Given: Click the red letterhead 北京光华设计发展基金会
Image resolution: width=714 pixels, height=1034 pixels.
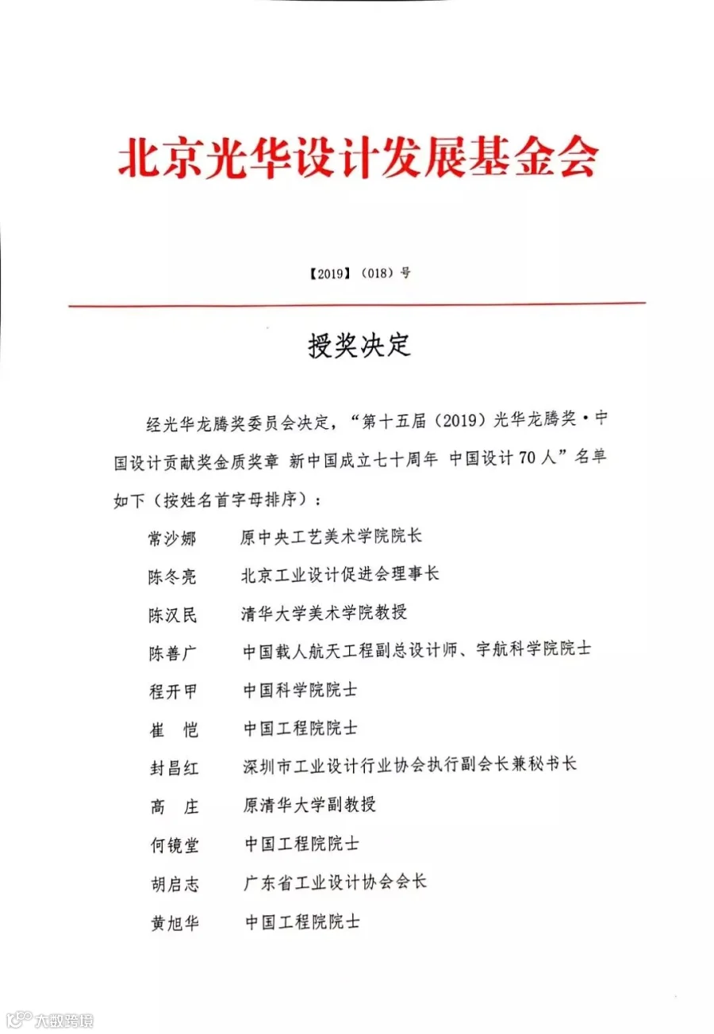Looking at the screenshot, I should pos(357,159).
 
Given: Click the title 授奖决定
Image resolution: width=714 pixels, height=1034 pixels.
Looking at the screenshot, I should pos(359,347).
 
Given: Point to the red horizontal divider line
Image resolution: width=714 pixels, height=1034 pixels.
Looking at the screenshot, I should pos(357,304).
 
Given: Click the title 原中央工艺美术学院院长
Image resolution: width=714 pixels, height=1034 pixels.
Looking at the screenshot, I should pos(332,536).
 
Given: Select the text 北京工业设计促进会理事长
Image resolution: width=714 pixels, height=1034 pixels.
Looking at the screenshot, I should pos(340,574).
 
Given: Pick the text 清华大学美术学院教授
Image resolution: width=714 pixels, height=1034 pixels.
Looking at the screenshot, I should pos(324,613).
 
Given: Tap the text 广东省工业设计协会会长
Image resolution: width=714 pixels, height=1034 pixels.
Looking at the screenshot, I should pos(335,882).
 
